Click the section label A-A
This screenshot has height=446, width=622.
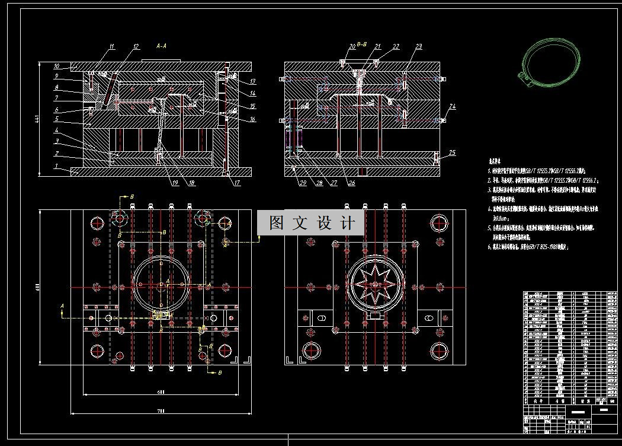pyautogui.click(x=161, y=45)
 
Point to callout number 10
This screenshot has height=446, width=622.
pyautogui.click(x=57, y=66)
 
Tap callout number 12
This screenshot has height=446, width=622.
pyautogui.click(x=136, y=46)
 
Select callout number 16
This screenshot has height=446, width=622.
pyautogui.click(x=252, y=119)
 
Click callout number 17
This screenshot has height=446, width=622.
pyautogui.click(x=237, y=183)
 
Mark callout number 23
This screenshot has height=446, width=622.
pyautogui.click(x=418, y=46)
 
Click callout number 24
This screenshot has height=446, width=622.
pyautogui.click(x=453, y=107)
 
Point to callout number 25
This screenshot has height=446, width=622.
pyautogui.click(x=453, y=152)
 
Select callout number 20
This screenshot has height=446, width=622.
pyautogui.click(x=352, y=46)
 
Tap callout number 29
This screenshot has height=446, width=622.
pyautogui.click(x=302, y=183)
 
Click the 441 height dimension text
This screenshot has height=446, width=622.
pyautogui.click(x=37, y=119)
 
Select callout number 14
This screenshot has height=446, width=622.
pyautogui.click(x=252, y=93)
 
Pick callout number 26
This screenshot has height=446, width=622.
pyautogui.click(x=351, y=183)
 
